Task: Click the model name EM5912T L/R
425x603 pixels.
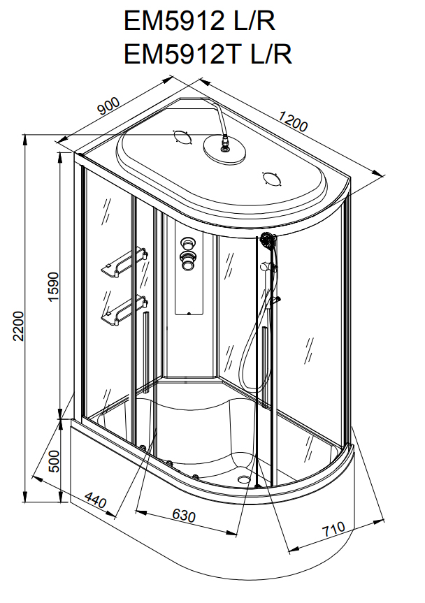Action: [208, 54]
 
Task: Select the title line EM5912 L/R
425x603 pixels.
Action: [199, 21]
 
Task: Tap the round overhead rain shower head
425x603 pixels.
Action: [223, 150]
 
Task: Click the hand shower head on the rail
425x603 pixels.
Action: [268, 242]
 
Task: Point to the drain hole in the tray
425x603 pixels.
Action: [243, 479]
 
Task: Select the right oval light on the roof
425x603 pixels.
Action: [271, 178]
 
